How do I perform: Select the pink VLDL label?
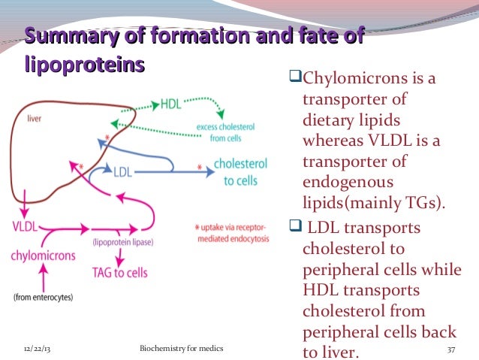point(25,225)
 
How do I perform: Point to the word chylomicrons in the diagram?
point(43,255)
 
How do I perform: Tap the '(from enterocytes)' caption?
point(43,298)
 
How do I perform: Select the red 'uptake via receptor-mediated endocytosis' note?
point(231,231)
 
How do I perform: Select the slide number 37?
point(451,350)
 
